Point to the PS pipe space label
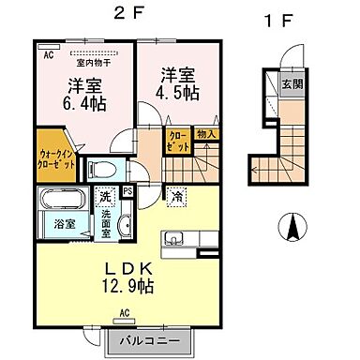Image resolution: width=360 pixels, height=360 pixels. tap(127, 191)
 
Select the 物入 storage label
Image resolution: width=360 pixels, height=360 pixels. tap(206, 133)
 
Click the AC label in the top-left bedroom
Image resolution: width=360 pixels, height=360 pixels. tap(47, 55)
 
